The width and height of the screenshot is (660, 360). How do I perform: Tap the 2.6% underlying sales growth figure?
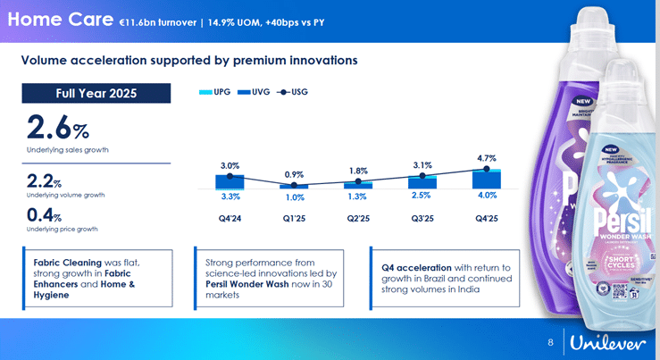[x=58, y=128]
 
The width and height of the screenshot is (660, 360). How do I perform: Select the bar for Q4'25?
[x=487, y=179]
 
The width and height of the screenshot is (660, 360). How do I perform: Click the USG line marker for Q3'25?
[x=422, y=177]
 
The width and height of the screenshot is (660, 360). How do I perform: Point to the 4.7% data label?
[x=487, y=158]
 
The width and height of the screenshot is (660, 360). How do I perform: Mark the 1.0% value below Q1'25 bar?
[x=294, y=197]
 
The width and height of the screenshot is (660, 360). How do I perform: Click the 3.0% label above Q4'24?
[x=230, y=165]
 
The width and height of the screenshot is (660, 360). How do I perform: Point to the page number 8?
[x=550, y=344]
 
